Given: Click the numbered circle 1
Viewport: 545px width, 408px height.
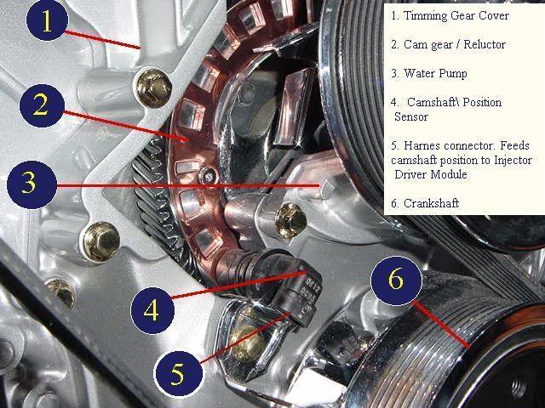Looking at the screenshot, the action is click(x=47, y=20).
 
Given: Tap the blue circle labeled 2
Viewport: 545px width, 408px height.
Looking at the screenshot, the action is click(x=42, y=105).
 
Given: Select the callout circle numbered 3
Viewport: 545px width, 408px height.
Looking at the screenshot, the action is click(x=32, y=184).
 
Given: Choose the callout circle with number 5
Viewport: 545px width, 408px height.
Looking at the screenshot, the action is click(x=178, y=374).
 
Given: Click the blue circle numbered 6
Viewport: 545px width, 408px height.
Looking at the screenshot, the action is click(x=397, y=280).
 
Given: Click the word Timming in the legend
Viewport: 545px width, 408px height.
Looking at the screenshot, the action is click(x=425, y=15).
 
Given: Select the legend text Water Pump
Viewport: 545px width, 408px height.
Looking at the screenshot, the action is click(x=435, y=74).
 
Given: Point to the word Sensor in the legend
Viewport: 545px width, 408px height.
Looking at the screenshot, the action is click(x=410, y=117).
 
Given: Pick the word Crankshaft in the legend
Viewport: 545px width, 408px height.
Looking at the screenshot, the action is click(x=431, y=203).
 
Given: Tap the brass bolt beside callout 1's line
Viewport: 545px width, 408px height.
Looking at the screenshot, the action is click(x=153, y=88).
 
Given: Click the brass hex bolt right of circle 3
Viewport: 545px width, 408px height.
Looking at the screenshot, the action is click(x=291, y=221).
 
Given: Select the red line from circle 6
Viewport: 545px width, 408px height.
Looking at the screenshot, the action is click(x=441, y=325).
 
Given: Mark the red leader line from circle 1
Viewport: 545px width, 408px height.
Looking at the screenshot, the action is click(x=102, y=40).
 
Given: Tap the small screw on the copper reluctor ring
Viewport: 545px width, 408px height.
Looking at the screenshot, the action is click(x=209, y=176).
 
